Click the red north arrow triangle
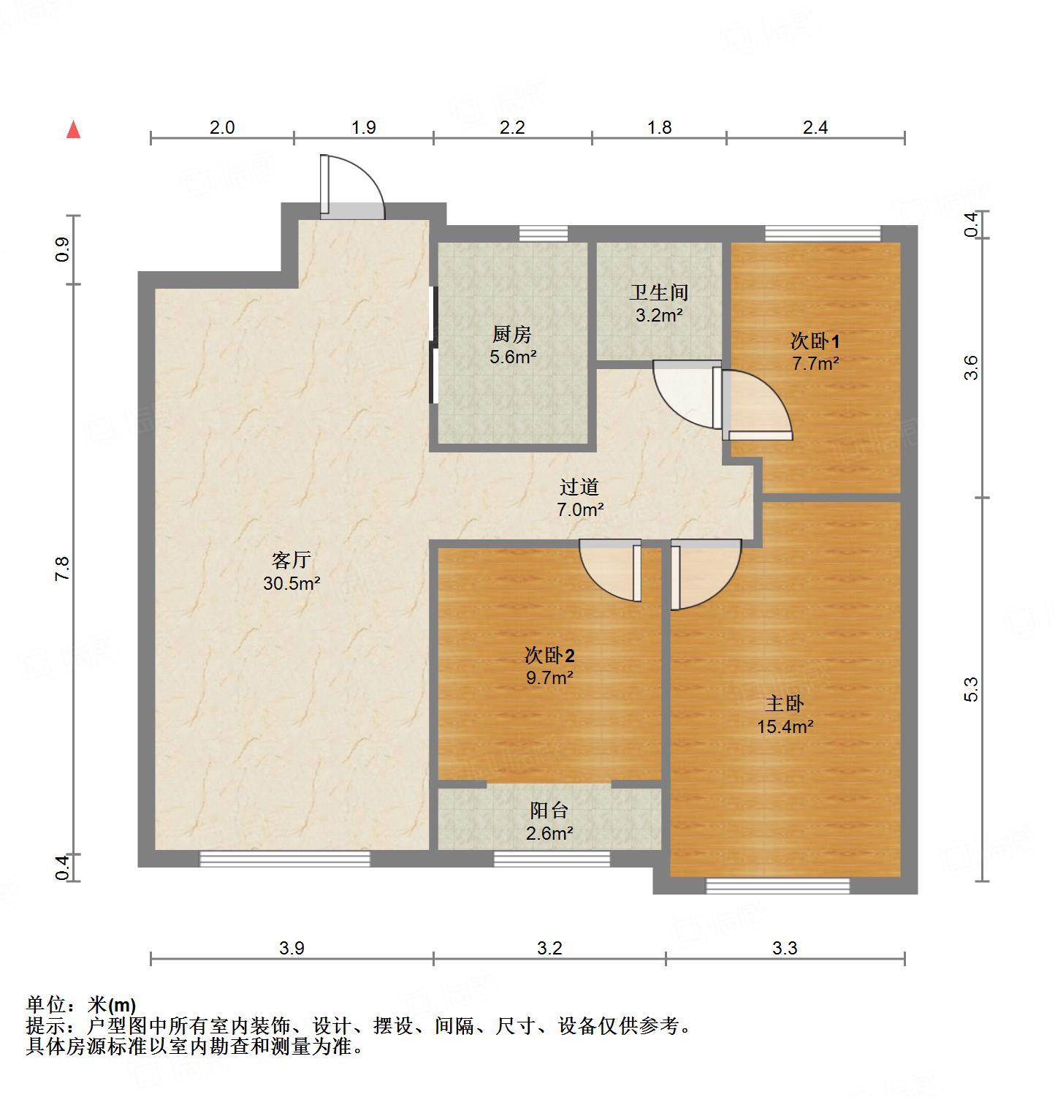(x=73, y=130)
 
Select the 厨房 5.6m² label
(x=511, y=346)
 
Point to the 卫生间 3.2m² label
(x=658, y=303)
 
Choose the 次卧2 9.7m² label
(x=549, y=666)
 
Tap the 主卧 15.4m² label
(x=785, y=715)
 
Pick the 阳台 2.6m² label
(x=549, y=821)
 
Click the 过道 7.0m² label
(x=579, y=498)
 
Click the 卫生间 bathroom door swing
(x=684, y=395)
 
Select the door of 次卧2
(x=611, y=570)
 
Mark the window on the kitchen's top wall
(x=543, y=234)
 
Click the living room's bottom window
(x=285, y=859)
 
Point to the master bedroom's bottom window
(x=777, y=886)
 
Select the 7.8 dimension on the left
(x=62, y=569)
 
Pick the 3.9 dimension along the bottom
(x=292, y=948)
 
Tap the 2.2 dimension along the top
(x=512, y=127)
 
